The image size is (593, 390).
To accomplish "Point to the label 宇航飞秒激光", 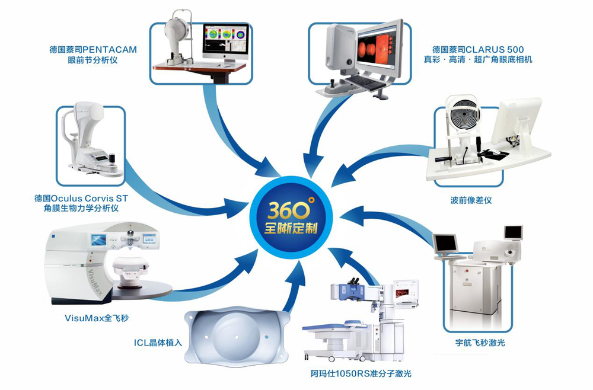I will point(476,343).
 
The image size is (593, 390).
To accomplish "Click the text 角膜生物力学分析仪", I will point(77,208).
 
